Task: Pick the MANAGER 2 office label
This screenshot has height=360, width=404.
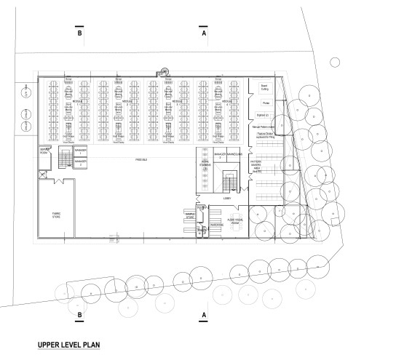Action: click(x=83, y=161)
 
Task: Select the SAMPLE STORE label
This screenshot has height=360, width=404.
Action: click(x=191, y=216)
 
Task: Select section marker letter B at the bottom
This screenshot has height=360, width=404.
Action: click(x=78, y=315)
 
